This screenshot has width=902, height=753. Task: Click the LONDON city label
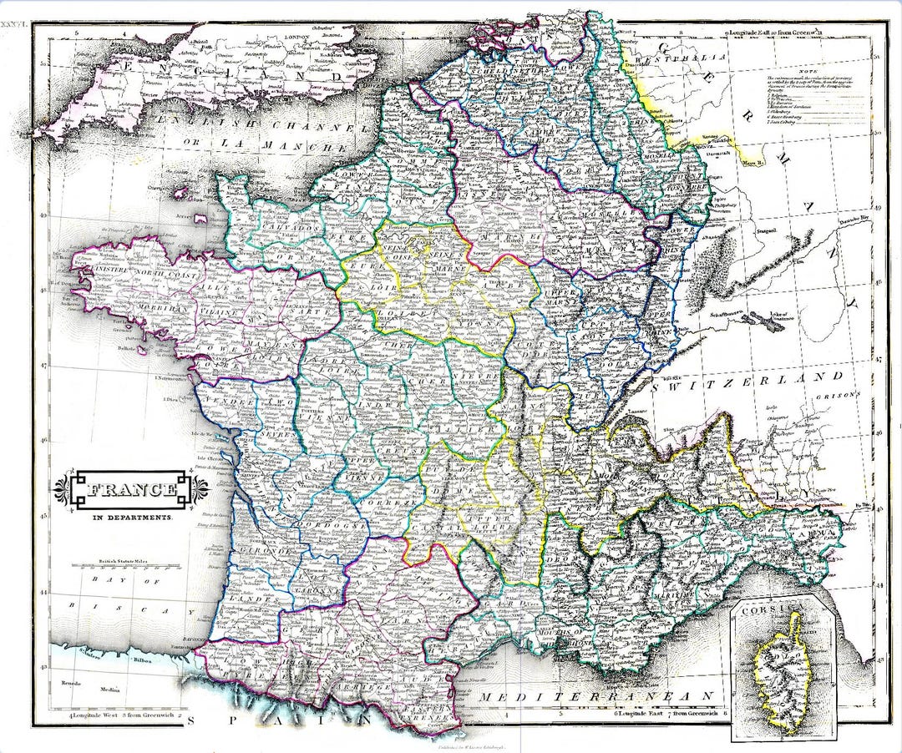coord(296,38)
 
